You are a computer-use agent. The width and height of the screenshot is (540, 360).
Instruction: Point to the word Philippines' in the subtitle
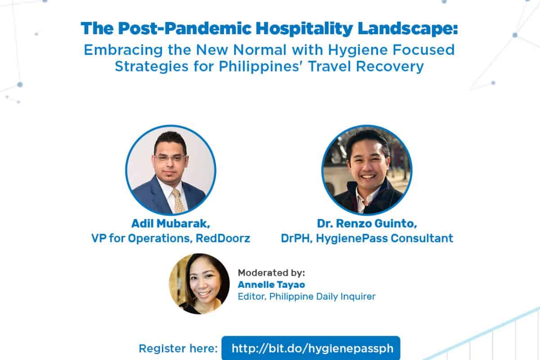click(261, 67)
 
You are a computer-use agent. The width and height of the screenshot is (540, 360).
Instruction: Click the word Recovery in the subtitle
click(390, 67)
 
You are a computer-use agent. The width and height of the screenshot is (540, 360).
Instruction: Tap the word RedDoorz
click(223, 238)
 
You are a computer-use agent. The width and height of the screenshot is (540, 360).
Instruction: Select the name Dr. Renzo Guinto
click(366, 224)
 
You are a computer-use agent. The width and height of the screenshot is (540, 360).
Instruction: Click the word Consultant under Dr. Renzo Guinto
click(422, 238)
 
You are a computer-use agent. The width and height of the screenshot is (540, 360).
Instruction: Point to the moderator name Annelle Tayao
click(271, 285)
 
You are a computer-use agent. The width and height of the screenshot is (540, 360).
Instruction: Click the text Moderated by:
click(271, 273)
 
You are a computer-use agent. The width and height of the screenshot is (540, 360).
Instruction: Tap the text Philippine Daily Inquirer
click(322, 297)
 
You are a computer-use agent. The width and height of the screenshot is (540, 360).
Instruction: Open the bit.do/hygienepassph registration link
click(312, 348)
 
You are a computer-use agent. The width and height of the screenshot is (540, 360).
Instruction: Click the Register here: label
click(178, 349)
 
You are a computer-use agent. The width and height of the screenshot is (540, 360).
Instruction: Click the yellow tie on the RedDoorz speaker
click(178, 201)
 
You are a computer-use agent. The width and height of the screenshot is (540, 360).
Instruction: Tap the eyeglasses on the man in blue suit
click(170, 158)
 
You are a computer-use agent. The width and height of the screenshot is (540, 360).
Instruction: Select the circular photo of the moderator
click(199, 284)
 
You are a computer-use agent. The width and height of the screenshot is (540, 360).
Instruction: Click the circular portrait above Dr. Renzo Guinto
click(367, 170)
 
